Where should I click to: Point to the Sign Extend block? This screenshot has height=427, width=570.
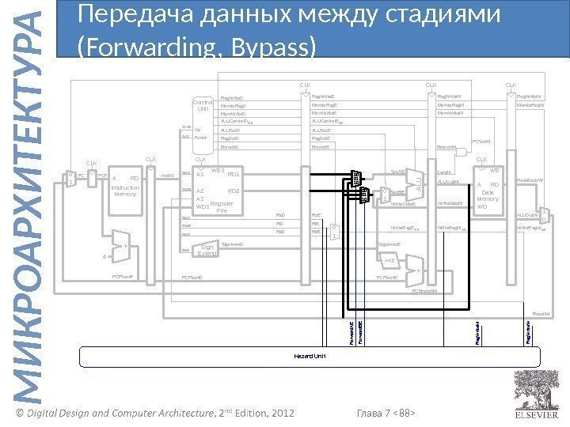[x=207, y=250]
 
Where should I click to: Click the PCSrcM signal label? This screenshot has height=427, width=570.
[x=481, y=142]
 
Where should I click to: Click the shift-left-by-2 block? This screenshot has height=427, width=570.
[x=389, y=262]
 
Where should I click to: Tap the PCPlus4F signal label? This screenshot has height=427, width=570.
[x=125, y=278]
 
